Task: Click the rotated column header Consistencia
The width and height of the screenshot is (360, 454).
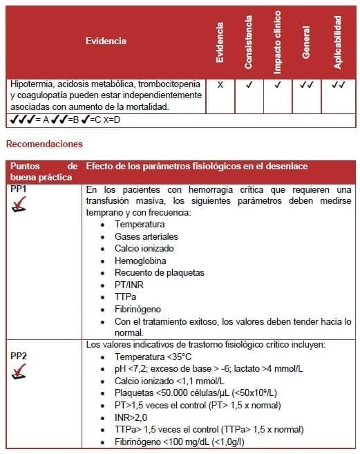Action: click(x=249, y=42)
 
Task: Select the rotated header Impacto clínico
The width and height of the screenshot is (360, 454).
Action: click(x=278, y=41)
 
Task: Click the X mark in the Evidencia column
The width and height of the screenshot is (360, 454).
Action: click(x=220, y=85)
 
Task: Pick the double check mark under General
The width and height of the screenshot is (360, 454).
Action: click(x=307, y=85)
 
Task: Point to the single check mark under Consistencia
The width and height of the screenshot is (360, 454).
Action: click(x=249, y=85)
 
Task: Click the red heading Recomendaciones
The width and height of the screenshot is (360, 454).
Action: click(x=44, y=144)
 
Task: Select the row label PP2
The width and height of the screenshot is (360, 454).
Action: click(x=19, y=356)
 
